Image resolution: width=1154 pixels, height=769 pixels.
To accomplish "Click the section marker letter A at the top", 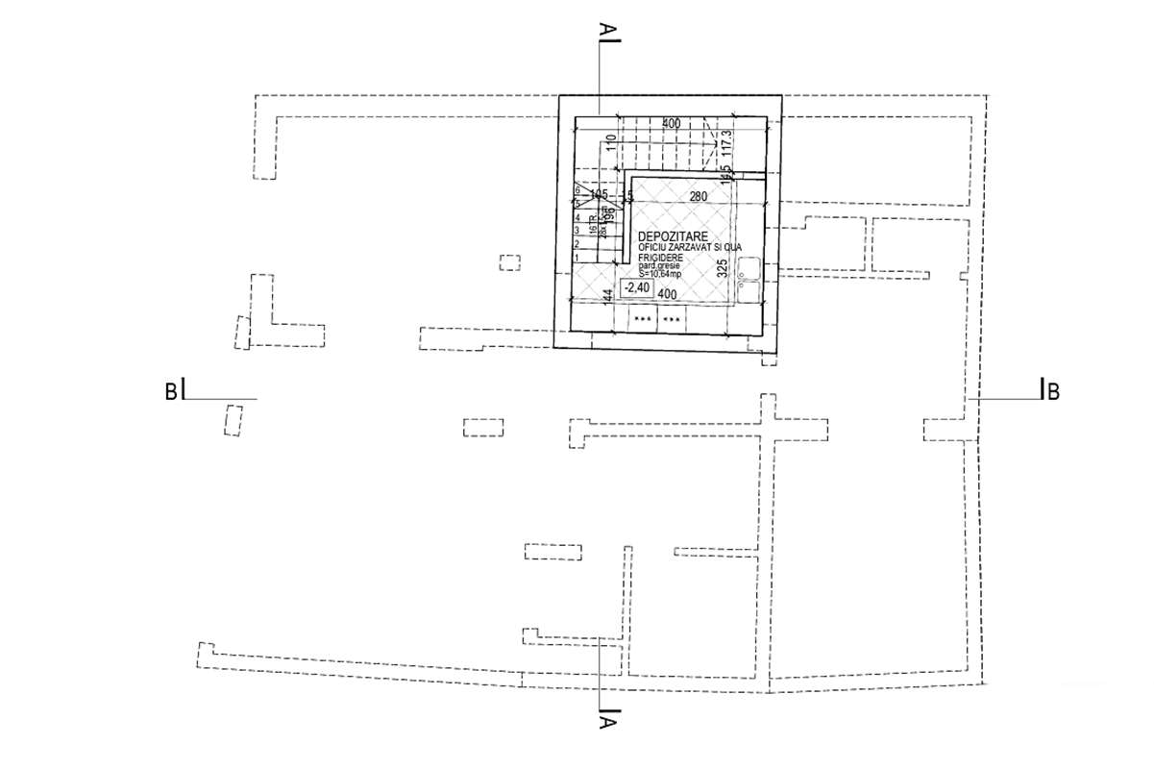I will pyautogui.click(x=606, y=31).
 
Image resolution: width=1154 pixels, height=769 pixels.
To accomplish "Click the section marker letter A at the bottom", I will pyautogui.click(x=607, y=722).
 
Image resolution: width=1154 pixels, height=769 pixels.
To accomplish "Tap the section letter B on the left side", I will pyautogui.click(x=170, y=391).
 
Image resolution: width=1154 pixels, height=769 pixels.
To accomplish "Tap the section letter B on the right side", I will pyautogui.click(x=1053, y=392).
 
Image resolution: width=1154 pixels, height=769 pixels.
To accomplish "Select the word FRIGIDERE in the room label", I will pyautogui.click(x=658, y=259).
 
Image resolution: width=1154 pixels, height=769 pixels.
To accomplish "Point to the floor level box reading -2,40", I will pyautogui.click(x=636, y=287).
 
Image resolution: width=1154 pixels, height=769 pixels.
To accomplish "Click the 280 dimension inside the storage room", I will pyautogui.click(x=700, y=197).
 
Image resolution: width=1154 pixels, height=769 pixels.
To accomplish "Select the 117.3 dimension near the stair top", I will pyautogui.click(x=727, y=139).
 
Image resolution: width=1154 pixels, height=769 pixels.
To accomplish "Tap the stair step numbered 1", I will pyautogui.click(x=576, y=258).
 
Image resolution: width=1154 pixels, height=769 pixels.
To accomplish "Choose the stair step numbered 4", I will pyautogui.click(x=576, y=217).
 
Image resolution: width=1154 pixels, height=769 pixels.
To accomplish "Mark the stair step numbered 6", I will pyautogui.click(x=576, y=190).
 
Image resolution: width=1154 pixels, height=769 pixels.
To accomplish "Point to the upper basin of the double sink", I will pyautogui.click(x=749, y=270).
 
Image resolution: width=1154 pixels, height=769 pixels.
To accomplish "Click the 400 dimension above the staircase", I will pyautogui.click(x=670, y=124).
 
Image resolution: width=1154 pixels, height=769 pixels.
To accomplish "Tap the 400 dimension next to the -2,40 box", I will pyautogui.click(x=669, y=293).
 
